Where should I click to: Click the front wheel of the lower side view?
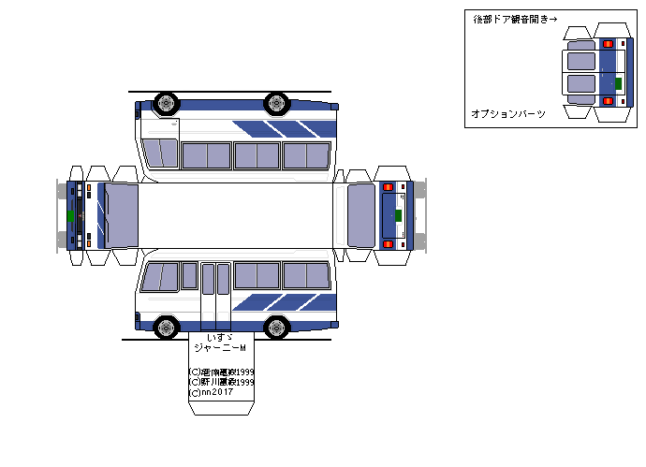coord(166,327)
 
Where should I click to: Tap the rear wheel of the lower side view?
coord(276,327)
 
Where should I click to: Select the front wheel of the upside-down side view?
coord(166,102)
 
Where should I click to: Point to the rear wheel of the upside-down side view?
coord(276,102)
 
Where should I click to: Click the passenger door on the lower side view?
coord(215,291)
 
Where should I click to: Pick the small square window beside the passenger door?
coord(189,275)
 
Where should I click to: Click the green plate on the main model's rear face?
coord(398,215)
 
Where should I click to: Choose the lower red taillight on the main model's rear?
coord(388,244)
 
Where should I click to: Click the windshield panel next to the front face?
coord(121,215)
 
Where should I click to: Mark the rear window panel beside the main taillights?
coord(360,215)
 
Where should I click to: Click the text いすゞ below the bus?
coord(219,336)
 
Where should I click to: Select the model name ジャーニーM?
coord(219,348)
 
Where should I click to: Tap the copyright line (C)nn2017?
coord(213,393)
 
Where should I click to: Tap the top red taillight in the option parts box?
coord(609,44)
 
